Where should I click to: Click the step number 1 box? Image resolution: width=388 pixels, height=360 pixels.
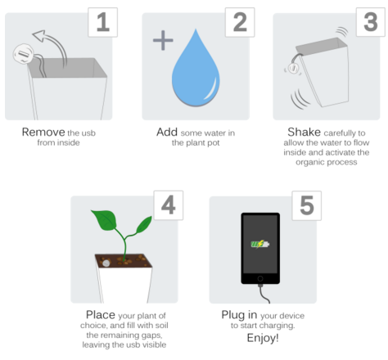tap(103, 22)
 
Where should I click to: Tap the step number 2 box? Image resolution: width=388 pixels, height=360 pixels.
tap(240, 22)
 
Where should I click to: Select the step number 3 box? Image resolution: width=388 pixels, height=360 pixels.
tap(371, 22)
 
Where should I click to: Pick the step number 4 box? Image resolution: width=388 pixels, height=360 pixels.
tap(169, 205)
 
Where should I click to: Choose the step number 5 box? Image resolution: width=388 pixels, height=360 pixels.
tap(307, 205)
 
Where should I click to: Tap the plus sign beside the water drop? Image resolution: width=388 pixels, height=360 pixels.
tap(163, 40)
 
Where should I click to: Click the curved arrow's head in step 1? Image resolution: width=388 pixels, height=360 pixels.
tap(38, 35)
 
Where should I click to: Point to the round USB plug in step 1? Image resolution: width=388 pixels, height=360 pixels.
tap(24, 54)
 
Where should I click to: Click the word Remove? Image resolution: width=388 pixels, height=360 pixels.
tap(43, 133)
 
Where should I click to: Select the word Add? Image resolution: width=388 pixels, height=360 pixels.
tap(167, 133)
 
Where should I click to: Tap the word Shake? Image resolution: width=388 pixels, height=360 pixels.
tap(304, 133)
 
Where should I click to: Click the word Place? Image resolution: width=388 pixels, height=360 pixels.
tap(101, 315)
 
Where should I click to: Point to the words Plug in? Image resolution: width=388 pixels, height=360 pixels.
tap(239, 315)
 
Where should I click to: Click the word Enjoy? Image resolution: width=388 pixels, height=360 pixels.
tap(263, 338)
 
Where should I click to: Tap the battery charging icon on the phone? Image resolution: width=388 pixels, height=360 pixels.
tap(259, 244)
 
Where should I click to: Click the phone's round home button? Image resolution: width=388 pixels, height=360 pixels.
tap(260, 278)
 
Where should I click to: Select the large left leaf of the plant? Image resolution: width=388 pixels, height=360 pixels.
tap(104, 219)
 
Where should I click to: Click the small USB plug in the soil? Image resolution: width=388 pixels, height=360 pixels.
tap(106, 263)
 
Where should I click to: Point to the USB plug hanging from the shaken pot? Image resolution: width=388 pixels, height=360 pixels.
tap(293, 68)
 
